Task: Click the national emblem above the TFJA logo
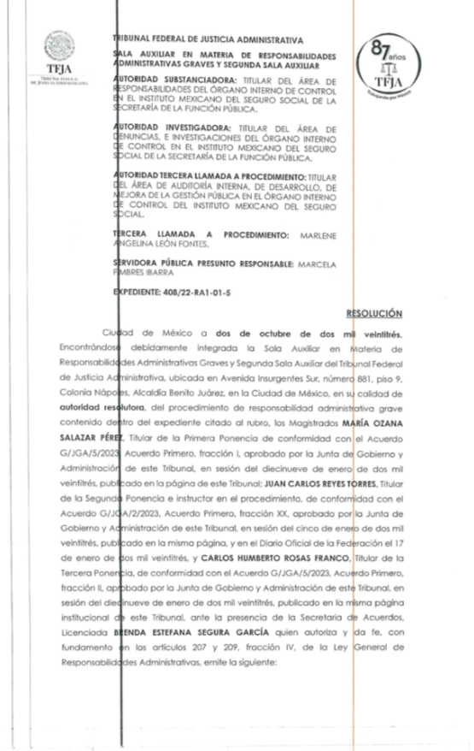tap(61, 45)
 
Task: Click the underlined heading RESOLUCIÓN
tap(381, 315)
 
